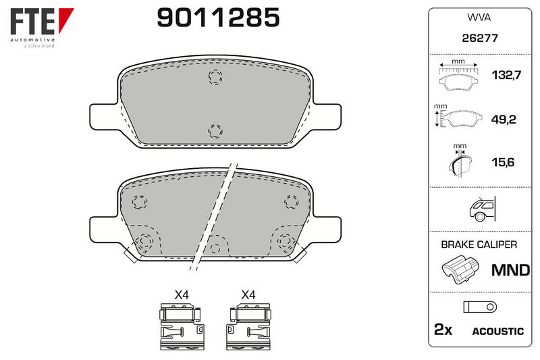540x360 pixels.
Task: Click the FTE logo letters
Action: click(x=32, y=21)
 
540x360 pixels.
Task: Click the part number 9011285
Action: click(x=218, y=18)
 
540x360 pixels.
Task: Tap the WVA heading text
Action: click(x=479, y=18)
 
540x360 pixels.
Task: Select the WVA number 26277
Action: click(x=480, y=38)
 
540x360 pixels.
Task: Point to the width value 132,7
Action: click(x=506, y=75)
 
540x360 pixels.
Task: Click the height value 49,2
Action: click(x=504, y=120)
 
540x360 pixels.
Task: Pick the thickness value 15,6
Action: click(x=503, y=162)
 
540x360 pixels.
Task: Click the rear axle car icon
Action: click(x=482, y=209)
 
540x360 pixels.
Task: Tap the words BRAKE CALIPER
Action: click(x=479, y=245)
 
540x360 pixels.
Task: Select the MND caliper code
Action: click(x=511, y=270)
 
